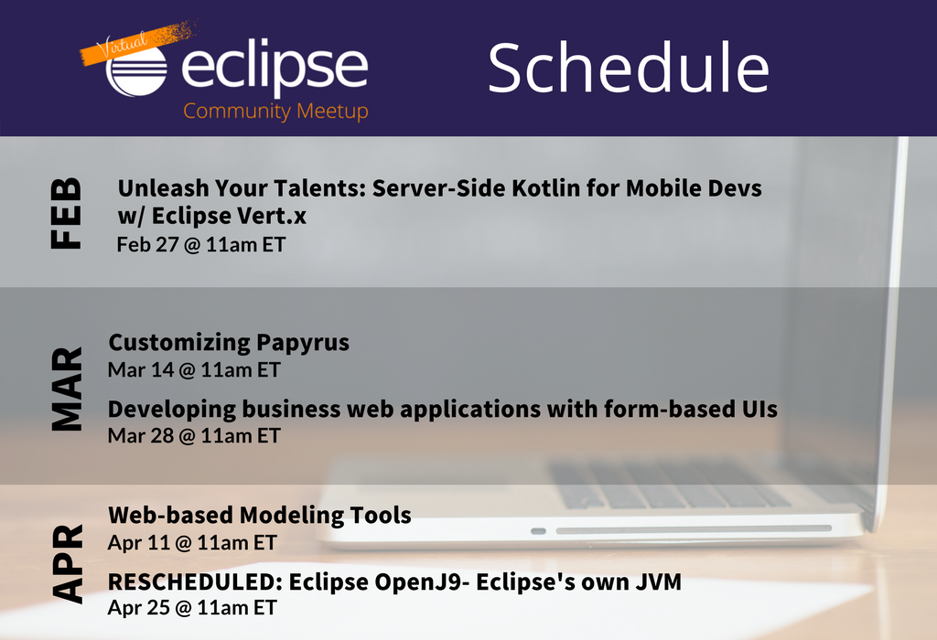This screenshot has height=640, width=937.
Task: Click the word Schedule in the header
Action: (x=629, y=68)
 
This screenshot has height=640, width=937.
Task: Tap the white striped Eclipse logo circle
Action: (x=136, y=70)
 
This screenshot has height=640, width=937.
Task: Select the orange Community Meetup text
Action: (x=275, y=112)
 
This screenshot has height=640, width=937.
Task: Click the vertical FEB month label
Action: (x=65, y=213)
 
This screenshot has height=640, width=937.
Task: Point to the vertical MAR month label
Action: (x=66, y=389)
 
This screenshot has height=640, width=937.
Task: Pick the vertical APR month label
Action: (x=67, y=563)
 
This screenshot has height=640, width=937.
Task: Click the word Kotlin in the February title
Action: (x=545, y=188)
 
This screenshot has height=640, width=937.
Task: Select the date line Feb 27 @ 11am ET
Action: (x=200, y=245)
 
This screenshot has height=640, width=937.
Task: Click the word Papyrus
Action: (x=303, y=343)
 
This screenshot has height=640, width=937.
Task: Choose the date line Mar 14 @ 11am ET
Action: (x=194, y=370)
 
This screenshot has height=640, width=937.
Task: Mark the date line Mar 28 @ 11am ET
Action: (x=194, y=436)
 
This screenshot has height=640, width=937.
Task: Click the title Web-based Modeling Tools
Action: (x=259, y=516)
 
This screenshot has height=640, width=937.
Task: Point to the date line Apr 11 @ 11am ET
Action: (x=192, y=543)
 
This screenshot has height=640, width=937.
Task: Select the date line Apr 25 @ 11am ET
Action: (x=192, y=608)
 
